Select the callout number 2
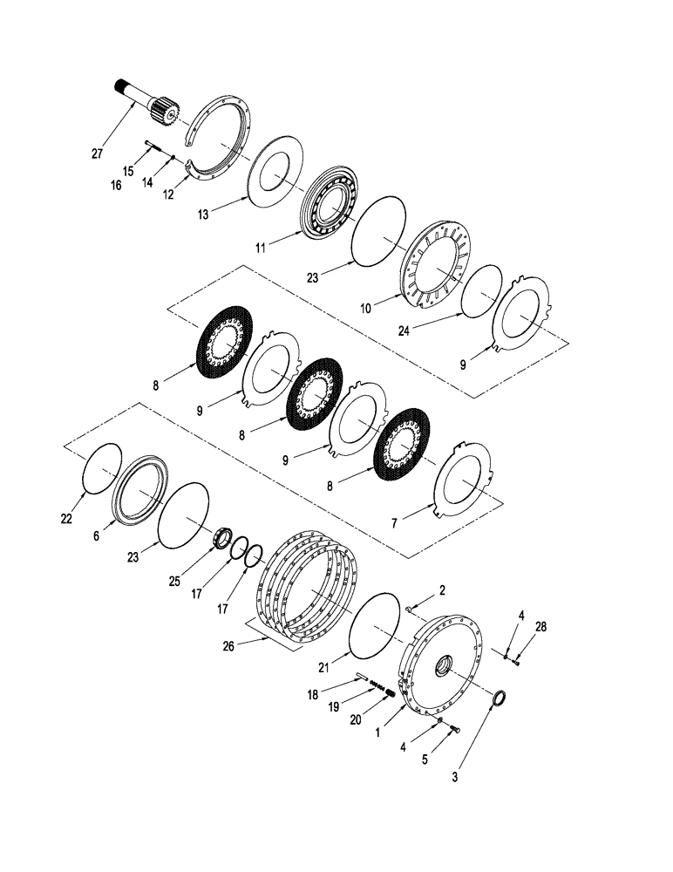[442, 590]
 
